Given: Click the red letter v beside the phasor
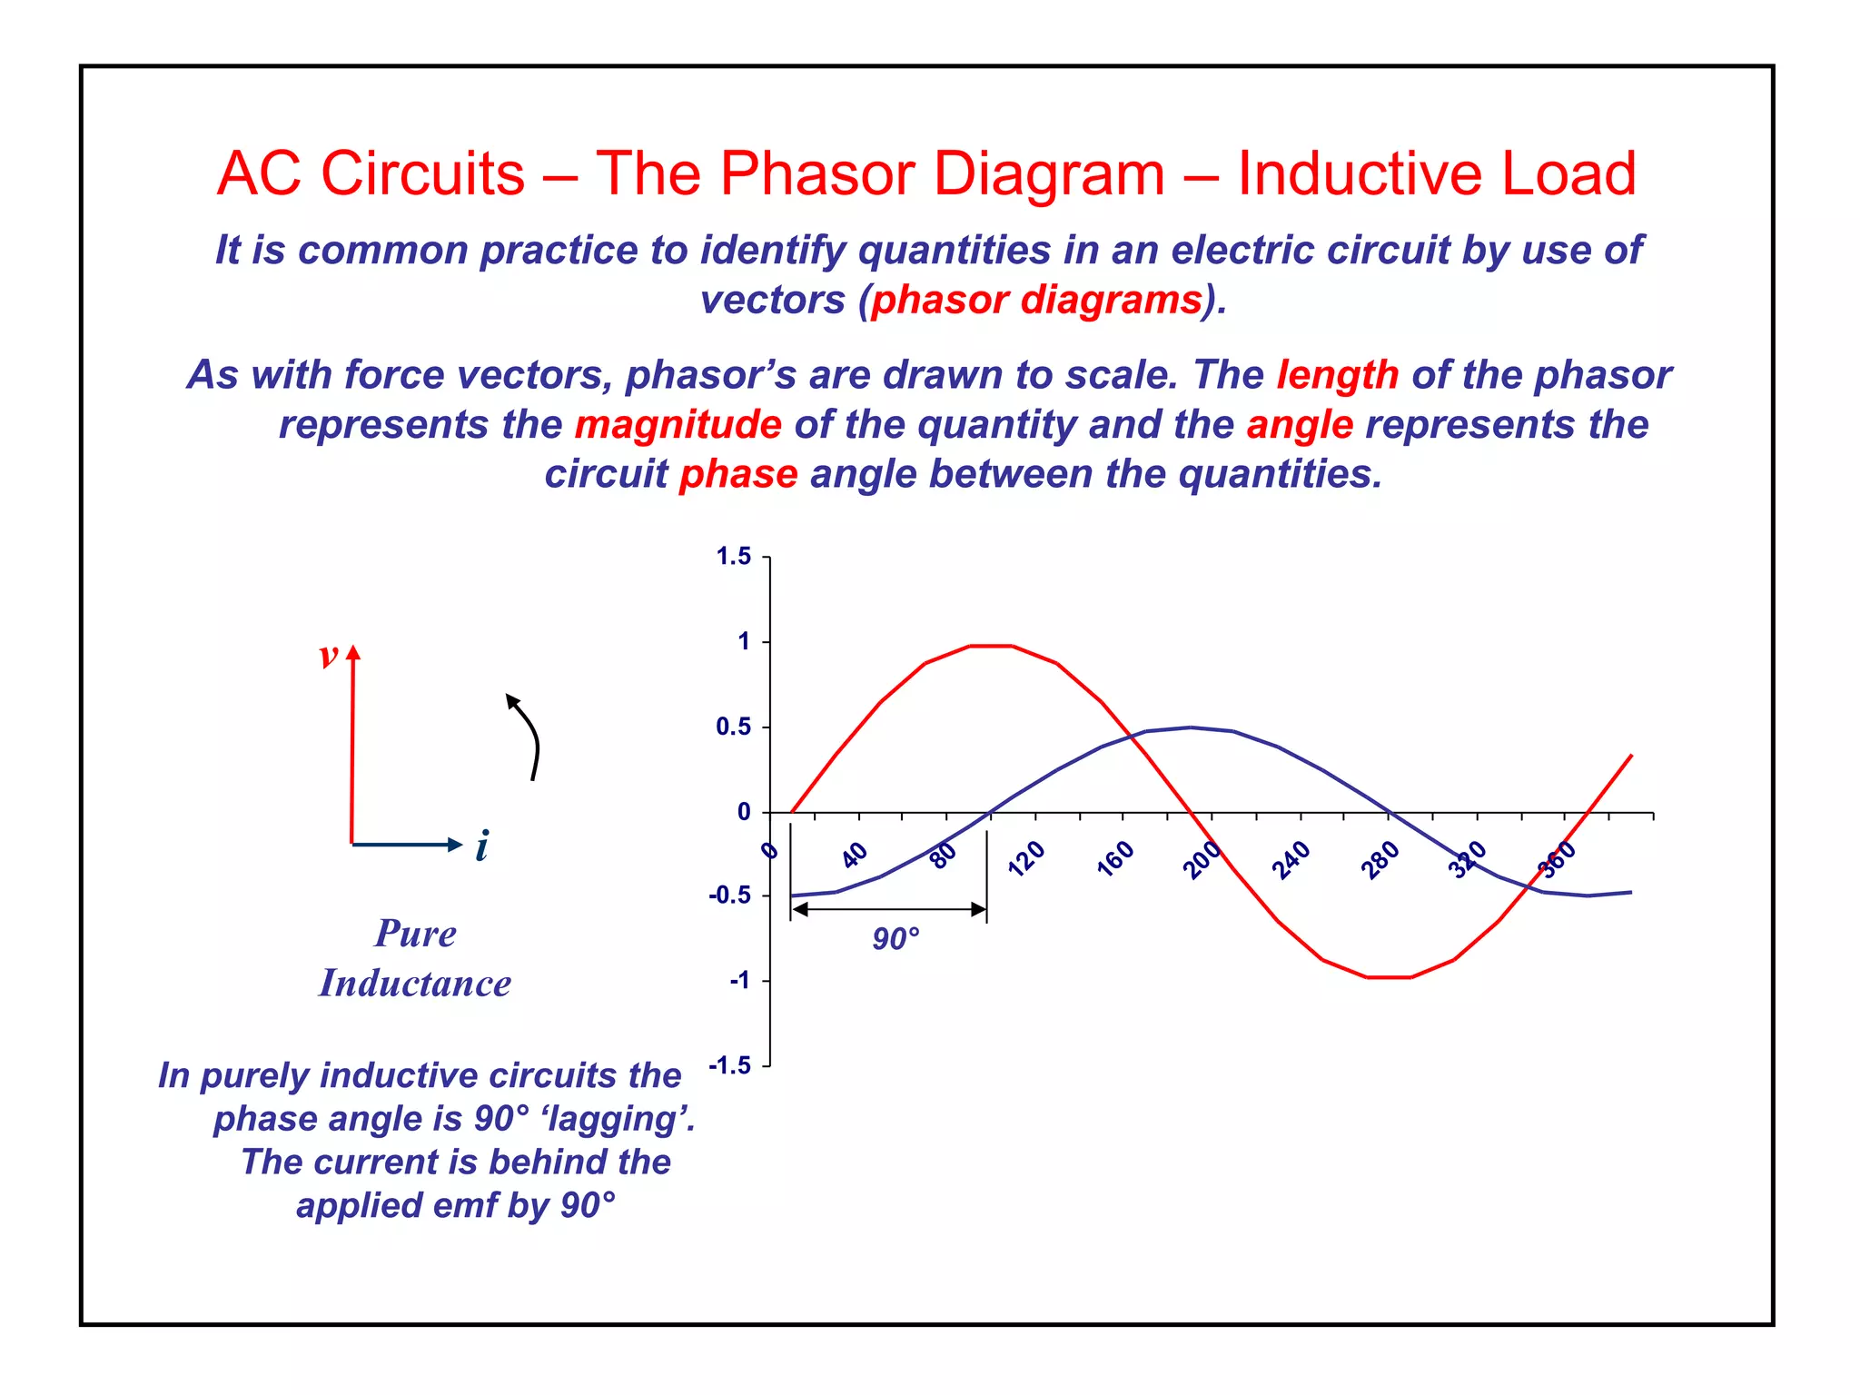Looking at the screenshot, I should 329,656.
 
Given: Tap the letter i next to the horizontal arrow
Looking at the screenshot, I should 482,846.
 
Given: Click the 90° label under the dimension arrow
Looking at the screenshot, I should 895,939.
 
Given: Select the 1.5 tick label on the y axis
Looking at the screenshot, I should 733,557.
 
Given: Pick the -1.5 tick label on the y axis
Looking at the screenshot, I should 729,1065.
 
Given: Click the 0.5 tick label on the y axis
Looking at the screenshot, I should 733,727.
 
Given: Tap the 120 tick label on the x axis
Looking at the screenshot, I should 1027,857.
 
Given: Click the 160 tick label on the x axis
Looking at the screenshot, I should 1115,857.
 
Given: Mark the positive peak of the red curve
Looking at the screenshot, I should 991,646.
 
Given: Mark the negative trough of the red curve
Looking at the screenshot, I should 1389,977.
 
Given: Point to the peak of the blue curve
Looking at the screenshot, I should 1191,727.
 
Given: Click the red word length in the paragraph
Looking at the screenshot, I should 1337,375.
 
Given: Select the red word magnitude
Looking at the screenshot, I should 678,425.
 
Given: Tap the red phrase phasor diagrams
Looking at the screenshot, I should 1036,301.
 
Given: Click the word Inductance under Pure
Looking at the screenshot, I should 415,984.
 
